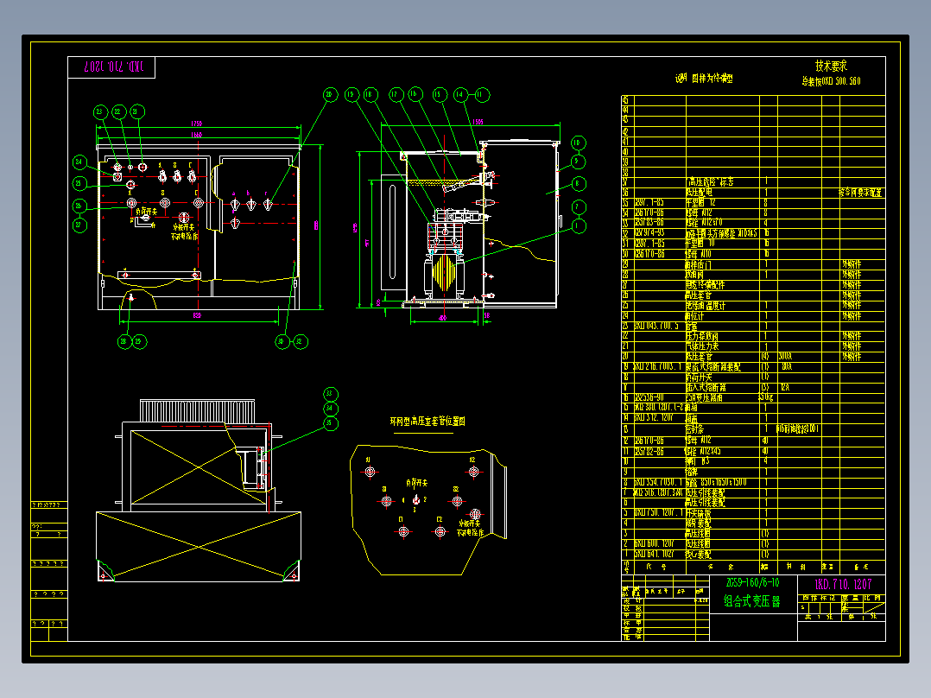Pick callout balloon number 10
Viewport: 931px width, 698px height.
coord(578,143)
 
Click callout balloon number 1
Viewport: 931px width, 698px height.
coord(578,225)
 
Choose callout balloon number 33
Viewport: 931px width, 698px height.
coord(329,409)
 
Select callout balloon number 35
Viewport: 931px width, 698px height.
coord(329,423)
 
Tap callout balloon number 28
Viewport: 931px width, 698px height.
coord(124,341)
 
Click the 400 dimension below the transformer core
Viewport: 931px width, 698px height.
coord(443,318)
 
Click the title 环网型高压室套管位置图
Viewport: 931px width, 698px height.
coord(428,422)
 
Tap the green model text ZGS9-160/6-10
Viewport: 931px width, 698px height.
coord(752,583)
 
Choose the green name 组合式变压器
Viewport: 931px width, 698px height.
coord(751,601)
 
